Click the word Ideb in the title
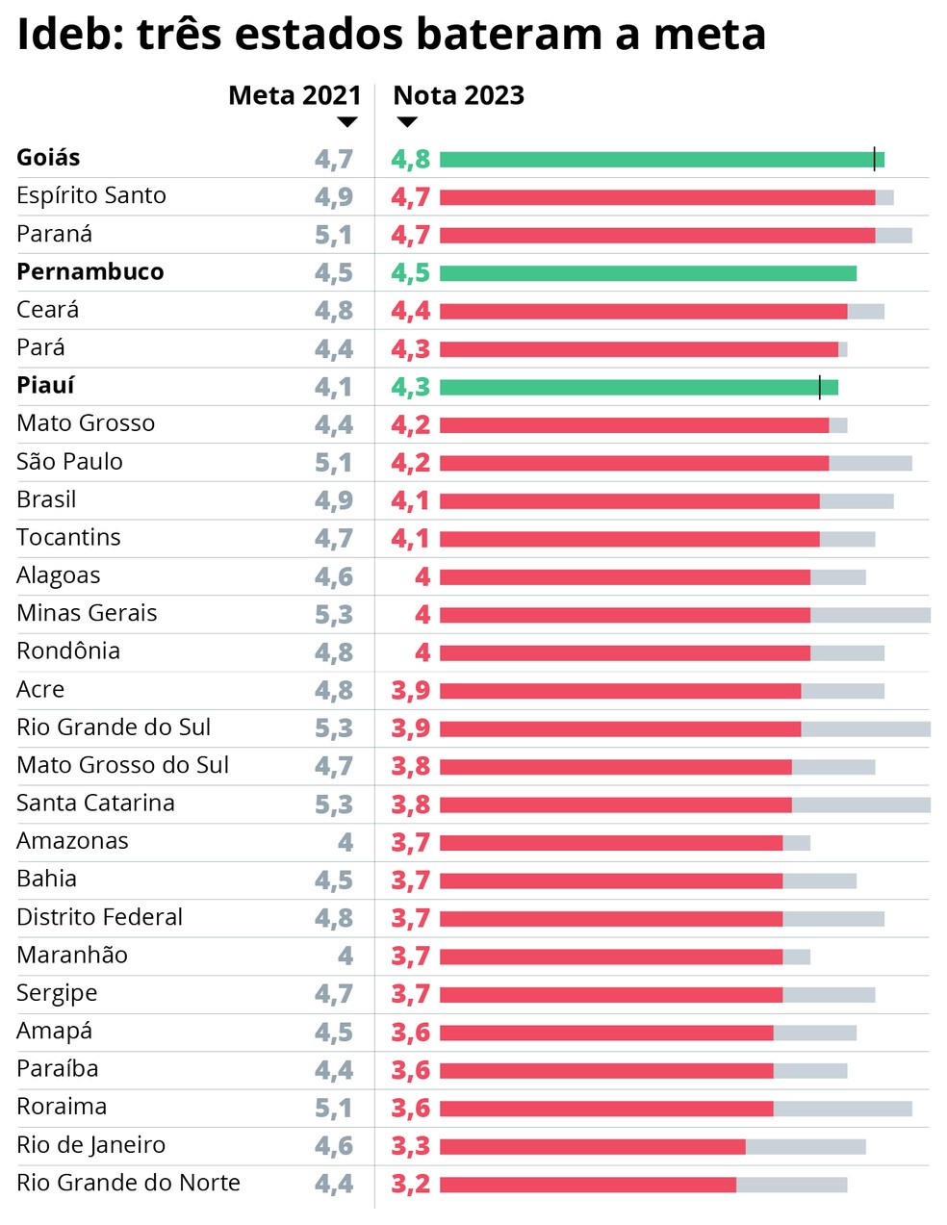point(65,35)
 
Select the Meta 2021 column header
point(294,95)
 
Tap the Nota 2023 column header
point(458,95)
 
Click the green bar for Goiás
point(654,160)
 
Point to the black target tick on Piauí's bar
point(819,387)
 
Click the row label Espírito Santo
point(91,196)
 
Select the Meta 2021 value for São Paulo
point(333,463)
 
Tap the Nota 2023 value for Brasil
point(410,500)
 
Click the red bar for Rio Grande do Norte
point(587,1185)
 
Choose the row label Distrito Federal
point(99,917)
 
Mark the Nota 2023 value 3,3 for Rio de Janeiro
point(410,1146)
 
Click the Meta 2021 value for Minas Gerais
point(333,615)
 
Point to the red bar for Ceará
point(643,312)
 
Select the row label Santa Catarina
point(95,804)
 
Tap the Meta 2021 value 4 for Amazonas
point(346,843)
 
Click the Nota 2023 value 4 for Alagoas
point(422,577)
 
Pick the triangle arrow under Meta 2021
point(347,122)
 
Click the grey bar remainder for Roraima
point(842,1109)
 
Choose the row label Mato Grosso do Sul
point(122,766)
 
